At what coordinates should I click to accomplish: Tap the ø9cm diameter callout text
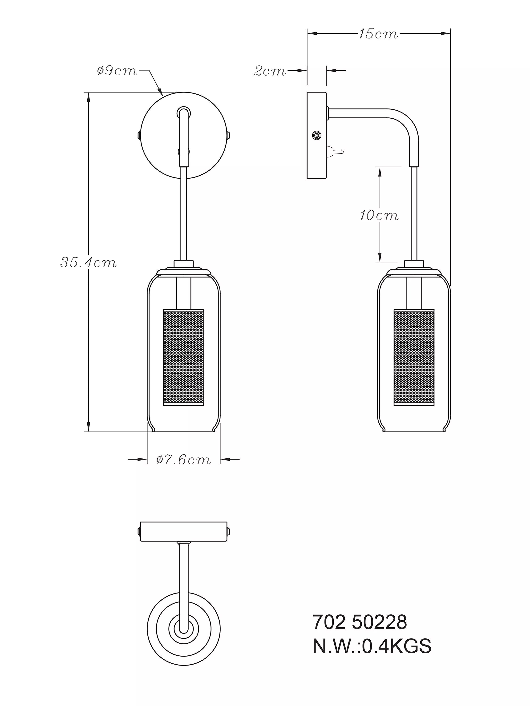click(117, 71)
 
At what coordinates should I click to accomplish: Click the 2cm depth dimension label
click(270, 71)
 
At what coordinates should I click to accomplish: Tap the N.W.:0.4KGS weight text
click(372, 646)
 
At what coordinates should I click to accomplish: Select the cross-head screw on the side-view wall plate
click(316, 135)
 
